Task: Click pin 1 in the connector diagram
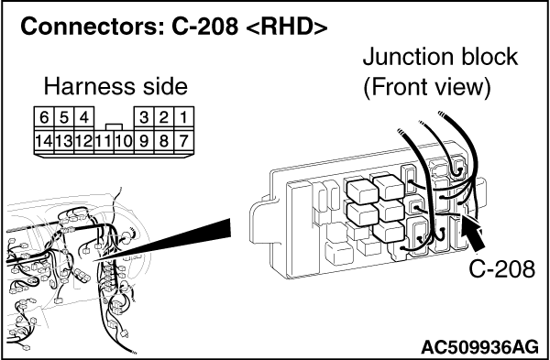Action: click(184, 118)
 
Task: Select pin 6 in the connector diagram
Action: click(44, 118)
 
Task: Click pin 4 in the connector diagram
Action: click(83, 118)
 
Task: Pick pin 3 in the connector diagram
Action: click(144, 118)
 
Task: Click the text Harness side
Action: click(114, 87)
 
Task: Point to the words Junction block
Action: click(440, 58)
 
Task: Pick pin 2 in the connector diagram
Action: click(164, 118)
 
